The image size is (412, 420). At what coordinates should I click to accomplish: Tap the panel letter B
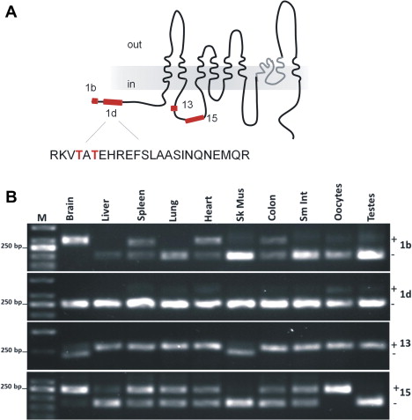[11, 197]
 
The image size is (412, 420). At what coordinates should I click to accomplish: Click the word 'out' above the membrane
[135, 45]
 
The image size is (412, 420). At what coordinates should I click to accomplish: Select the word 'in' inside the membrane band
[131, 85]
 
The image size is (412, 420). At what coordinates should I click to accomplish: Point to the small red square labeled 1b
[95, 101]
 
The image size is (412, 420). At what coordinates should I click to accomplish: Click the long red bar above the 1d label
[113, 102]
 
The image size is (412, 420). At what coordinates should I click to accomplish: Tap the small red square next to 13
[174, 108]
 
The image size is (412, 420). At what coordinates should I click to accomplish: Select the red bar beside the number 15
[195, 119]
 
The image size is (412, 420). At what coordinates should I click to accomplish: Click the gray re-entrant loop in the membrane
[271, 70]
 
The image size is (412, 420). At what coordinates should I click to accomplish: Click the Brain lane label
[70, 209]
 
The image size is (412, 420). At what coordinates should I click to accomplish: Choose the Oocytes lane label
[338, 202]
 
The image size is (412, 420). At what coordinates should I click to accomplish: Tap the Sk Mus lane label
[239, 204]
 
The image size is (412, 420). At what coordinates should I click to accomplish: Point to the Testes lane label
[372, 207]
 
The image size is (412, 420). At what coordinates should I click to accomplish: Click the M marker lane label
[42, 217]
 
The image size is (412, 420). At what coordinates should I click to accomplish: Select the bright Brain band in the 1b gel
[75, 240]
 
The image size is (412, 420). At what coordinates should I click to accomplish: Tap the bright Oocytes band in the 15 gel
[338, 389]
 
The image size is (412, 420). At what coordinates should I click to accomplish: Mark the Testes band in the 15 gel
[371, 402]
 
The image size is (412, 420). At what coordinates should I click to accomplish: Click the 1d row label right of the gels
[406, 294]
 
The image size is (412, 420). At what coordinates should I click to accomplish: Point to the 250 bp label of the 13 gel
[11, 350]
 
